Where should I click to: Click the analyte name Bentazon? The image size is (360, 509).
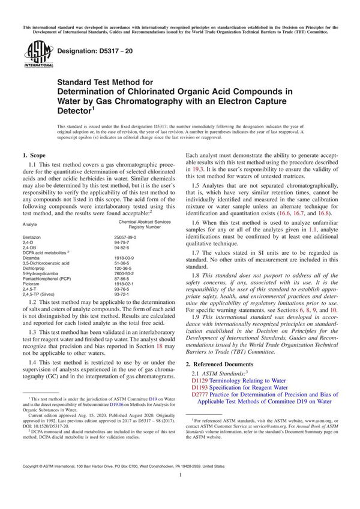pos(31,238)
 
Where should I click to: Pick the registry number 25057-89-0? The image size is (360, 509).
pos(125,238)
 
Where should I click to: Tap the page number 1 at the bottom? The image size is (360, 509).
pos(180,491)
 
